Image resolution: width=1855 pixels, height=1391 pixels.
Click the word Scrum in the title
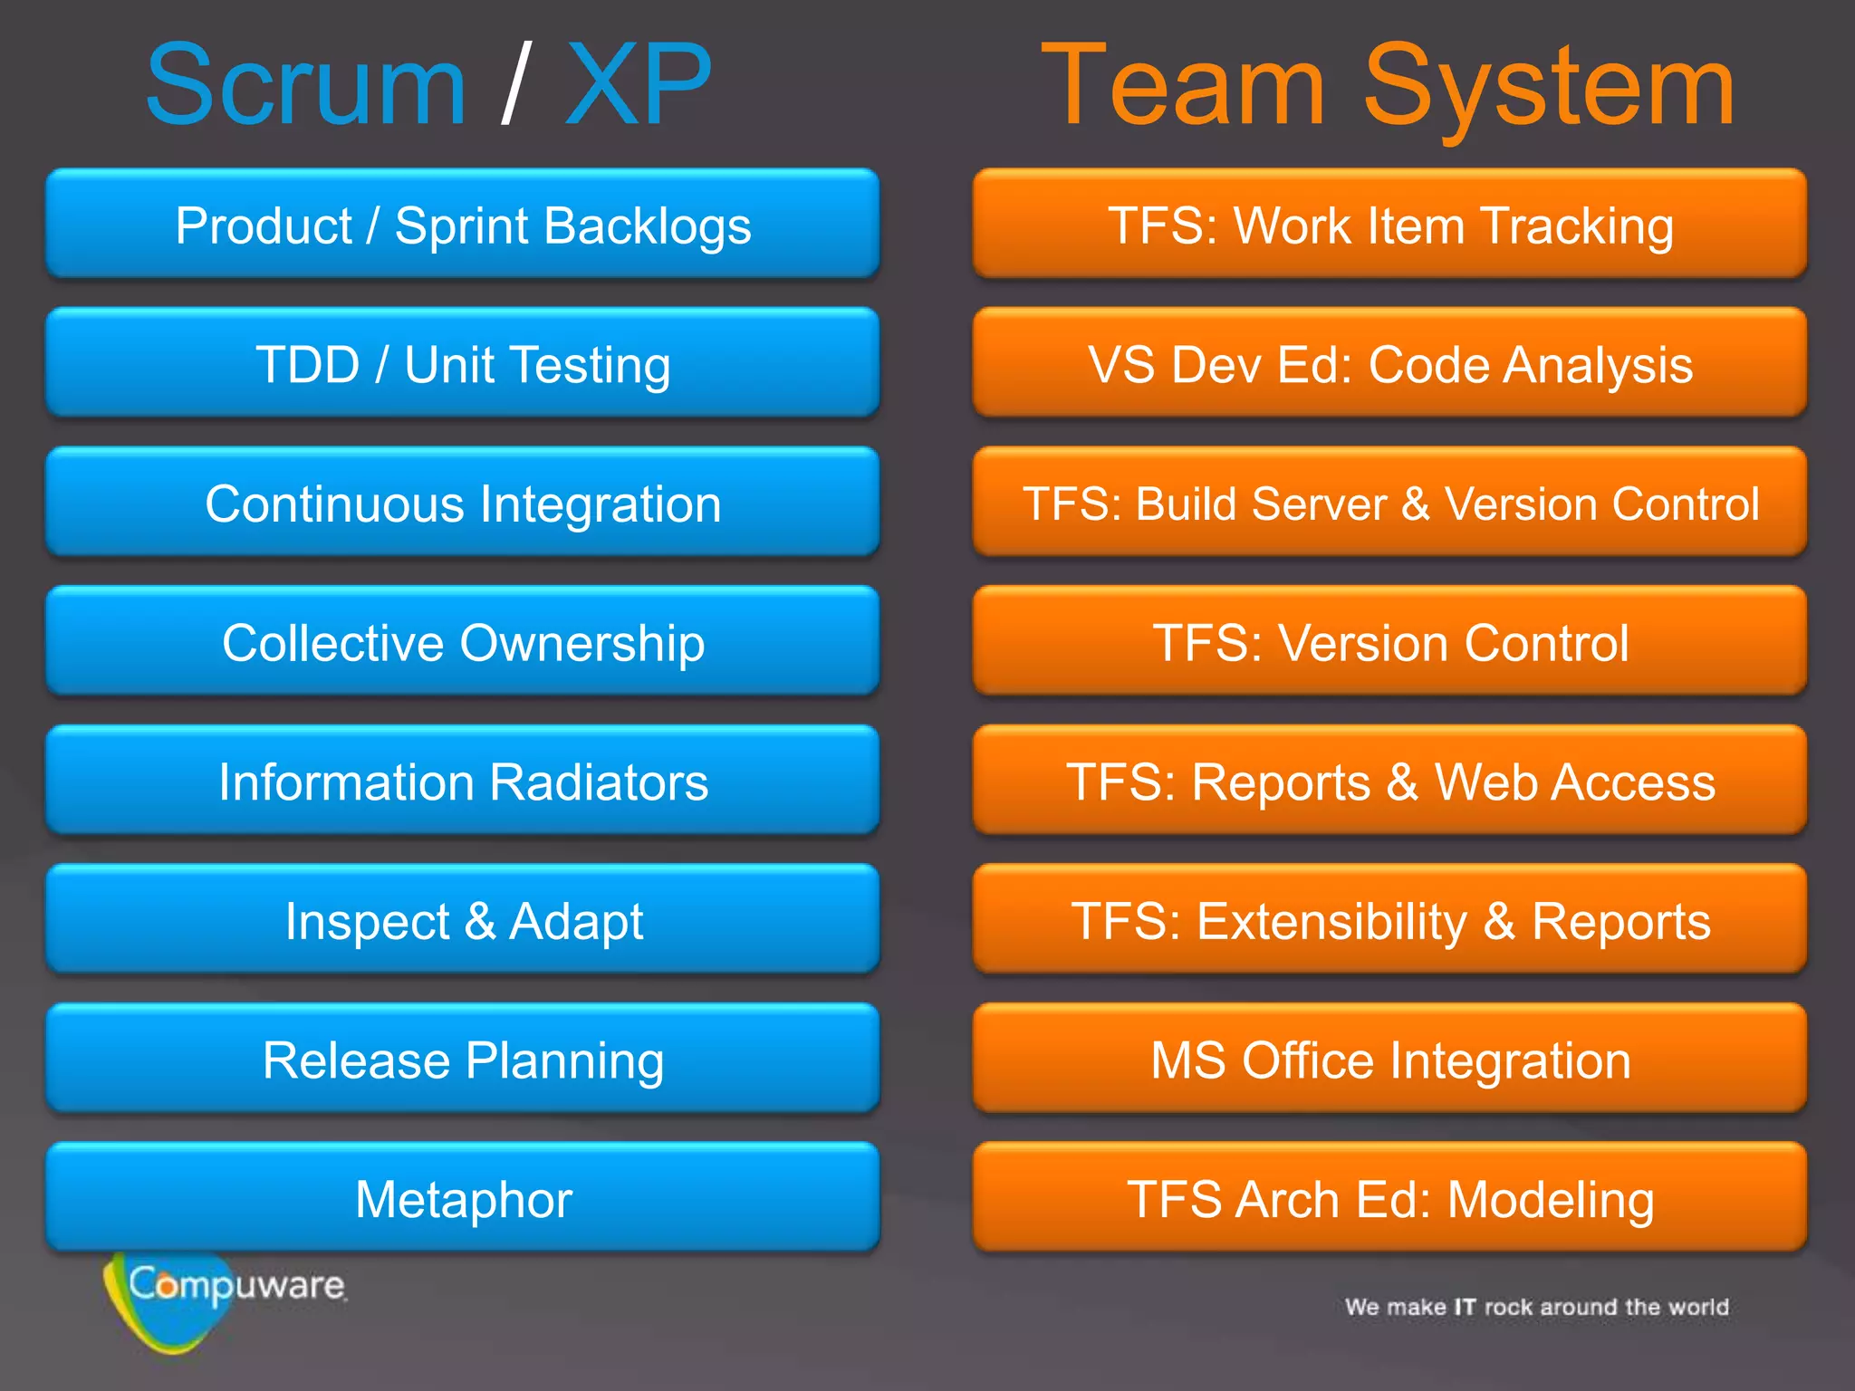(x=306, y=86)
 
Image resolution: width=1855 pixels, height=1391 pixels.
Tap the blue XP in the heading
(x=639, y=86)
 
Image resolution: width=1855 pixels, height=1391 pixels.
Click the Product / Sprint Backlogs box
(x=463, y=224)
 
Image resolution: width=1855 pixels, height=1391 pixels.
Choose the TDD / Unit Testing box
(x=463, y=363)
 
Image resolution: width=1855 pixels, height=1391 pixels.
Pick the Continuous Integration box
(x=463, y=503)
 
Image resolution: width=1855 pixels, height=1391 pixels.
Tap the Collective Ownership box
(x=463, y=642)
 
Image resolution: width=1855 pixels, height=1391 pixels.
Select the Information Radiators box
(x=463, y=781)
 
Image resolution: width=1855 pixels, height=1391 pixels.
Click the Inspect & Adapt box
(x=463, y=920)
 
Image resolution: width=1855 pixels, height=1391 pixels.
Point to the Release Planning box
(x=463, y=1060)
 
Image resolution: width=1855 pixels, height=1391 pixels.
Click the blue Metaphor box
(x=463, y=1198)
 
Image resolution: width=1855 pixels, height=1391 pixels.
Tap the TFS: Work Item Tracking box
(x=1389, y=224)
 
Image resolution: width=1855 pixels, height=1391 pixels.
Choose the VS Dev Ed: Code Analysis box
(x=1389, y=363)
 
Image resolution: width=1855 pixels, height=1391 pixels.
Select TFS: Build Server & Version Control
(x=1389, y=503)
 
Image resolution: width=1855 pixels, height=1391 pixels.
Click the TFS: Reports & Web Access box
(x=1389, y=781)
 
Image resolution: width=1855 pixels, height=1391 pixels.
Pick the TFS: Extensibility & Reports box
(x=1389, y=920)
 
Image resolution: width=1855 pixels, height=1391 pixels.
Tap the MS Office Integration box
(x=1389, y=1060)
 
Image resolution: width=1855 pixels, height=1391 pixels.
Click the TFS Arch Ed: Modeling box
(x=1389, y=1198)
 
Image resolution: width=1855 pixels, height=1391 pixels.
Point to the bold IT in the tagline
(x=1465, y=1307)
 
